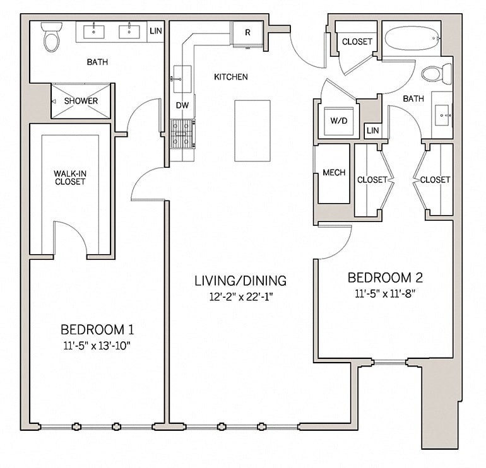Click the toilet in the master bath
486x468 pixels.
click(51, 37)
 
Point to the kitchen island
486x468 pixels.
click(252, 131)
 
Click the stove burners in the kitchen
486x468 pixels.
click(182, 134)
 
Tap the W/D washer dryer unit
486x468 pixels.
click(338, 120)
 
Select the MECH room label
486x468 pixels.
click(333, 173)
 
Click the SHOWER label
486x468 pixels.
click(81, 101)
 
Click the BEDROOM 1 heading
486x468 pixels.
click(97, 329)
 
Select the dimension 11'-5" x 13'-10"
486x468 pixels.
click(97, 345)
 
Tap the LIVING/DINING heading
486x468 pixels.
click(240, 281)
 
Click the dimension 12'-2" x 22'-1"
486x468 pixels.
click(240, 296)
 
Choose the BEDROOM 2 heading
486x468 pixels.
click(385, 278)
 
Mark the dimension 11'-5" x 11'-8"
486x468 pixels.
click(385, 293)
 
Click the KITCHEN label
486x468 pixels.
click(230, 77)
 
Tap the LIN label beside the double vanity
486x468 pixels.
click(155, 30)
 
